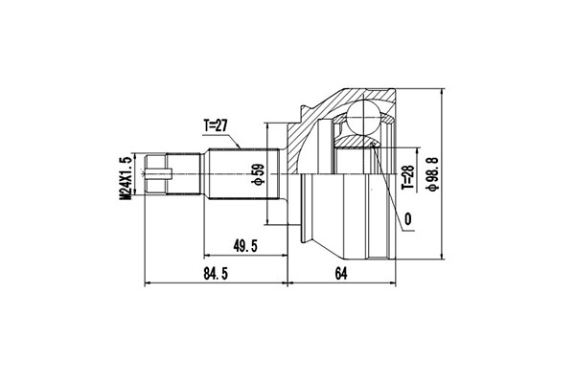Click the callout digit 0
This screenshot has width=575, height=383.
coord(408,220)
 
